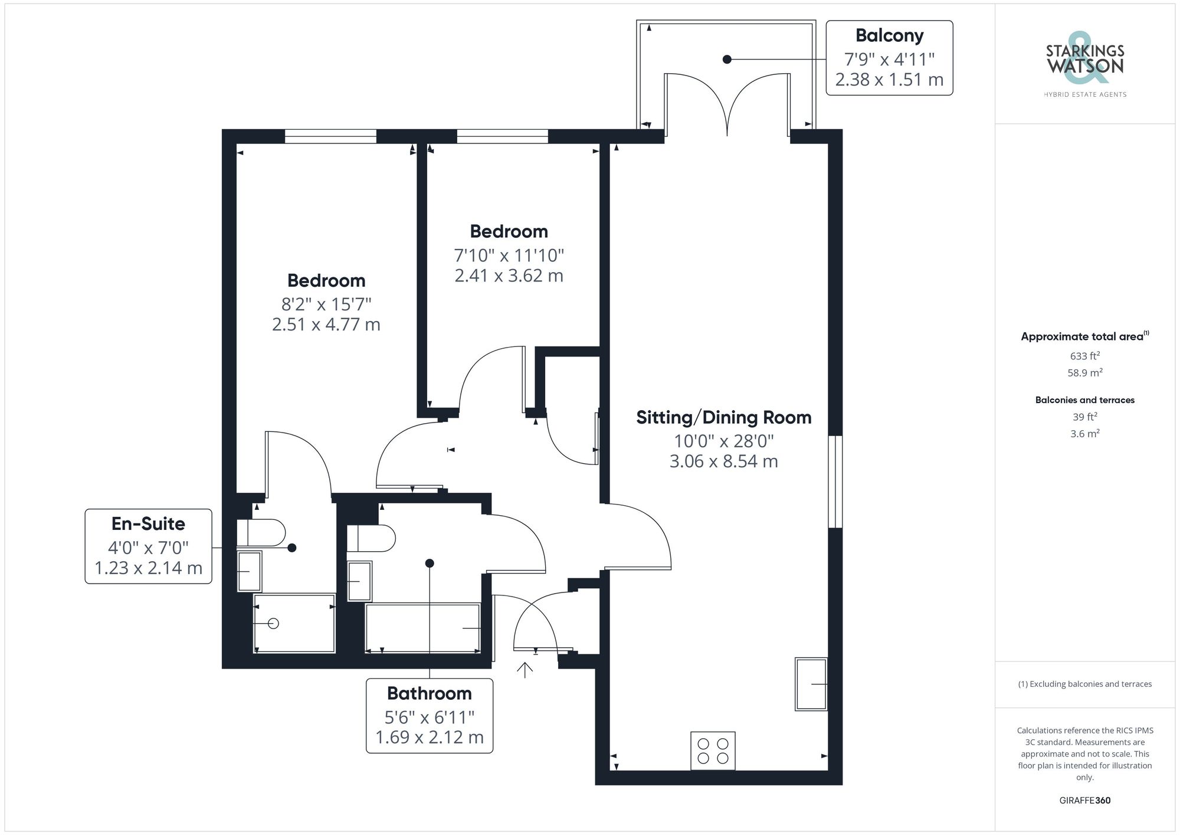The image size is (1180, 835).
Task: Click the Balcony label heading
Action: [889, 35]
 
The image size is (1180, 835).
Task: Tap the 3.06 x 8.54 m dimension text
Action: [723, 461]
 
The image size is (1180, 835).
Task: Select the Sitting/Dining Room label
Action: [723, 417]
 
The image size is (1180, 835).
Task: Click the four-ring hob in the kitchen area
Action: [713, 751]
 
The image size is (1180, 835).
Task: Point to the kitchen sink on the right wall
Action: [811, 684]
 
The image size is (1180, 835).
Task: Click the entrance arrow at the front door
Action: [525, 669]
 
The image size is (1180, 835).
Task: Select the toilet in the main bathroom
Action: [371, 538]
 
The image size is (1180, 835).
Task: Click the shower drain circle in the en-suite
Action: [273, 623]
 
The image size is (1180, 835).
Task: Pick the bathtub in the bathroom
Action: [422, 627]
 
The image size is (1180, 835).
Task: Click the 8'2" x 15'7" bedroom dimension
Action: [326, 304]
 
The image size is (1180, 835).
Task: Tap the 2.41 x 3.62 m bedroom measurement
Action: [509, 276]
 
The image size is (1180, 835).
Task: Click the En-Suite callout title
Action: [148, 523]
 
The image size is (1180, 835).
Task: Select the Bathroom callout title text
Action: [429, 693]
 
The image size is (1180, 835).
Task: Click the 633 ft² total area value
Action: [1084, 356]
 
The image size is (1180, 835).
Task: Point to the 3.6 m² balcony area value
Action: [1084, 434]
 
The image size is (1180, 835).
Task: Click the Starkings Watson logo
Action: [1084, 62]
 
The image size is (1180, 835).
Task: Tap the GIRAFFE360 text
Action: [1084, 800]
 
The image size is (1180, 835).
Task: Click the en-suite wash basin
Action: [249, 571]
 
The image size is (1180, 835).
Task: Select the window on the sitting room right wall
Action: [835, 482]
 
